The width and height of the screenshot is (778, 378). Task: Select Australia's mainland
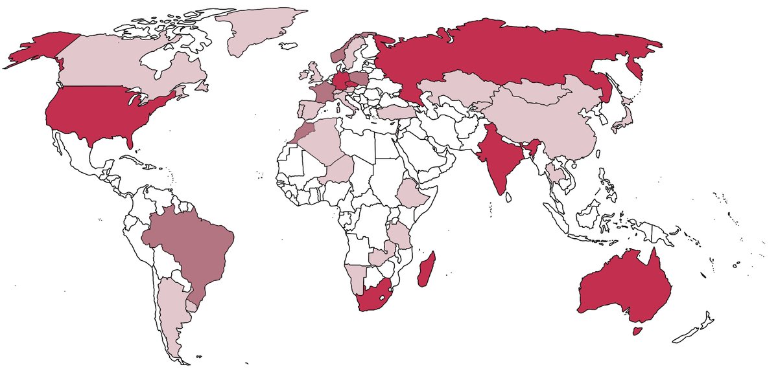[622, 288]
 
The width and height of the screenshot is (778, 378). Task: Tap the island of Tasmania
[637, 330]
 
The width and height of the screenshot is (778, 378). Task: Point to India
[499, 159]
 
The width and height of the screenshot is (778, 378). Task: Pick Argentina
[170, 311]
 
